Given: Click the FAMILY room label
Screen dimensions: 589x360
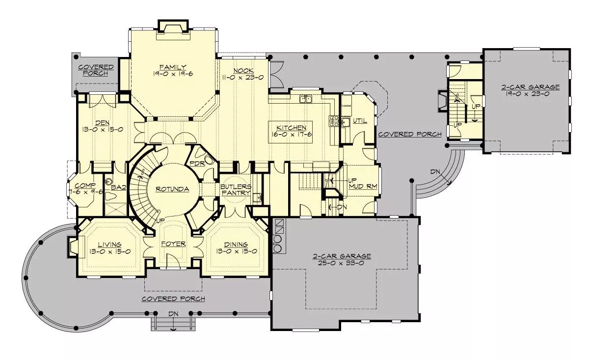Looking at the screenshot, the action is point(173,67).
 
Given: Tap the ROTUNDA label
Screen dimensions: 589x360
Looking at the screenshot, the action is point(172,189).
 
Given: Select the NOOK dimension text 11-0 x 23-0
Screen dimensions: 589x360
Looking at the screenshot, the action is point(243,78).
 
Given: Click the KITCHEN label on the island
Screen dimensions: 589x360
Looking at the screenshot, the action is point(292,128).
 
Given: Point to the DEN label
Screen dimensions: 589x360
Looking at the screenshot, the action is point(103,123).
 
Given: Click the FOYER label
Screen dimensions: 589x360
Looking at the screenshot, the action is point(174,244).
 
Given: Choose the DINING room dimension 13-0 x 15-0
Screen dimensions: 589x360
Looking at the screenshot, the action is point(237,251).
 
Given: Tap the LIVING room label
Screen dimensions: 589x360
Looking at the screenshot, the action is point(109,245).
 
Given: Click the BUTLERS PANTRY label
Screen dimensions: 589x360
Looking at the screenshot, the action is point(236,190).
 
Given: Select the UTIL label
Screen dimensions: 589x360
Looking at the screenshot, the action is point(360,121).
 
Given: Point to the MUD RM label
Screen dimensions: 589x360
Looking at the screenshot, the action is point(363,186).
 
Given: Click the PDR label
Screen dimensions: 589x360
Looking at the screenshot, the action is point(197,164).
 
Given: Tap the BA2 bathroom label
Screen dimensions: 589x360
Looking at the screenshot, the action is point(119,188).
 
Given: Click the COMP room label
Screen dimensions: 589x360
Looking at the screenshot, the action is point(85,186).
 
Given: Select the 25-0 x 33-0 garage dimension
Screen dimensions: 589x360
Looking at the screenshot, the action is point(341,263).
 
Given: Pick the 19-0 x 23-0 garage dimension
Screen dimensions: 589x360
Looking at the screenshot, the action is point(529,94).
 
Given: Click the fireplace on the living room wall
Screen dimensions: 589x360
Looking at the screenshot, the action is point(73,247).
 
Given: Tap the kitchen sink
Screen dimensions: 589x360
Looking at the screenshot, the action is point(305,99).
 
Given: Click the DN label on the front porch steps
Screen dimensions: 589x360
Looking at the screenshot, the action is point(173,314).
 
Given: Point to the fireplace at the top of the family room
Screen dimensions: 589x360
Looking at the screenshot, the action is point(173,27).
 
